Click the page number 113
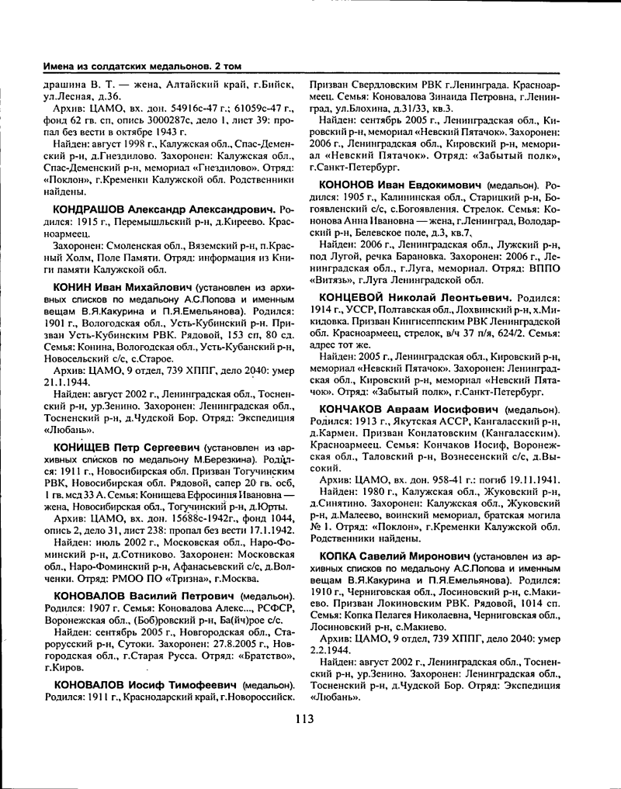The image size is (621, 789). pos(304,718)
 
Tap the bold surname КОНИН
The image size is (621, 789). pos(74,287)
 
